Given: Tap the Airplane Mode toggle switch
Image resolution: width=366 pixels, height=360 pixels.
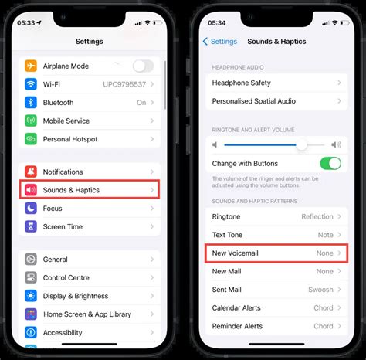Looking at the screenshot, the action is (x=144, y=66).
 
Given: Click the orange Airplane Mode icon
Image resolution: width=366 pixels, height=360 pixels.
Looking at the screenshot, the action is (x=31, y=66).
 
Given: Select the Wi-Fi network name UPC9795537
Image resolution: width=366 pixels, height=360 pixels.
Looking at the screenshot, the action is (x=124, y=84).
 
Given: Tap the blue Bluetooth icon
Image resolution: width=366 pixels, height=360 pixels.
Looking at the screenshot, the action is (x=31, y=103).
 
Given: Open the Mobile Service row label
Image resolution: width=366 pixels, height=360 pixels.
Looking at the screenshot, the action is (x=66, y=121).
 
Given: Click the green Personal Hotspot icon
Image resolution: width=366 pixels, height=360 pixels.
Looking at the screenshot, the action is (x=31, y=139).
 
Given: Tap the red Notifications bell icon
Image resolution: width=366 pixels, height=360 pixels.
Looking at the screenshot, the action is (x=31, y=172).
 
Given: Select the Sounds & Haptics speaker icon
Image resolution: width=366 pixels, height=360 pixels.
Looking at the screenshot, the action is (x=31, y=190).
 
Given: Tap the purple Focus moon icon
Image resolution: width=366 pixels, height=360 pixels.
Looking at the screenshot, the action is (x=31, y=209).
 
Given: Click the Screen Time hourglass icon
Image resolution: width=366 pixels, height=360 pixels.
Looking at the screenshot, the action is (x=31, y=226).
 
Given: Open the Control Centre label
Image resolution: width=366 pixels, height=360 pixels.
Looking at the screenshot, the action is (x=66, y=277).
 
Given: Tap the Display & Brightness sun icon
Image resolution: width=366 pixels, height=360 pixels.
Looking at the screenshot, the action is (x=31, y=296).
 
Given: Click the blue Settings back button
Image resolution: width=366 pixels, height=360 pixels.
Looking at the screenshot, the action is (x=220, y=42).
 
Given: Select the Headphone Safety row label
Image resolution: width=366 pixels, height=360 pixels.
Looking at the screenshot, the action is (x=242, y=83).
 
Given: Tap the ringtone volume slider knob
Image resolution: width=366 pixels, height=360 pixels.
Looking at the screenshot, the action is (x=301, y=145).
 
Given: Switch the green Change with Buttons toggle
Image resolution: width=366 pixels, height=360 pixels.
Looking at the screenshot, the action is (x=330, y=164).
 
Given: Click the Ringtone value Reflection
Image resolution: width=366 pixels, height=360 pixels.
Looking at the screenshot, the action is (x=317, y=216).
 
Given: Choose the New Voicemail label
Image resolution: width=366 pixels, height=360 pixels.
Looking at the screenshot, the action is (x=236, y=253).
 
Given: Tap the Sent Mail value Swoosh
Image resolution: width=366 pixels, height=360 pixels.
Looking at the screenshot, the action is (x=320, y=290).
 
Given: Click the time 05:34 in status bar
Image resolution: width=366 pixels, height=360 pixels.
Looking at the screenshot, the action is (x=217, y=23).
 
